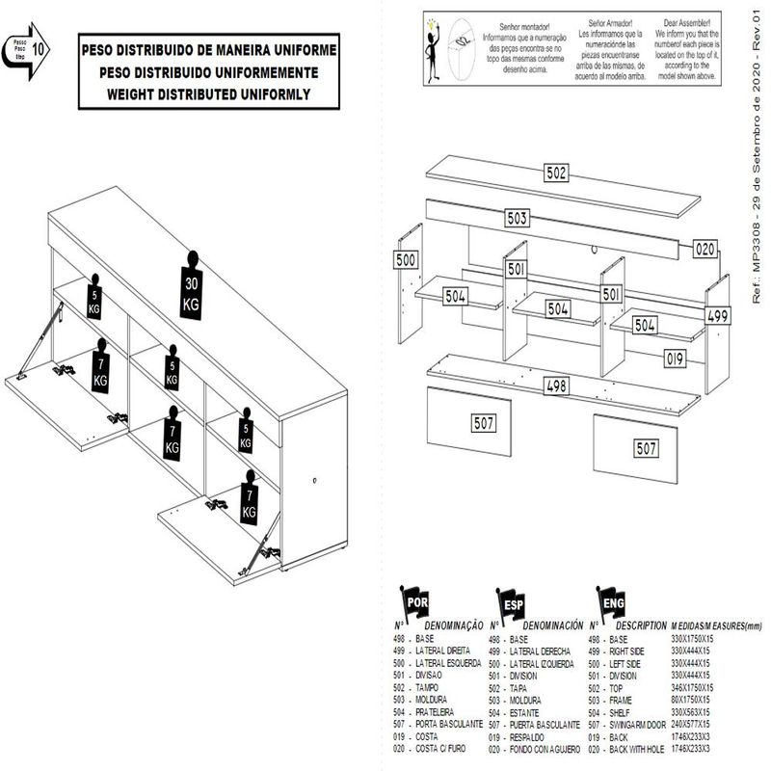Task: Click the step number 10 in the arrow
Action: (x=40, y=45)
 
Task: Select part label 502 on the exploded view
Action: (x=555, y=174)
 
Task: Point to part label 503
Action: (x=517, y=219)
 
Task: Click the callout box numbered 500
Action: (x=406, y=260)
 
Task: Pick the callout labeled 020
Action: (x=706, y=249)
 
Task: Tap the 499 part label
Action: (x=718, y=316)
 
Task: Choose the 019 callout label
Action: (x=674, y=359)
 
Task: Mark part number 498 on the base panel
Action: (x=558, y=386)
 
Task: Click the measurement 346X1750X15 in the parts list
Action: (x=692, y=688)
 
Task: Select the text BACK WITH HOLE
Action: (x=640, y=748)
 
